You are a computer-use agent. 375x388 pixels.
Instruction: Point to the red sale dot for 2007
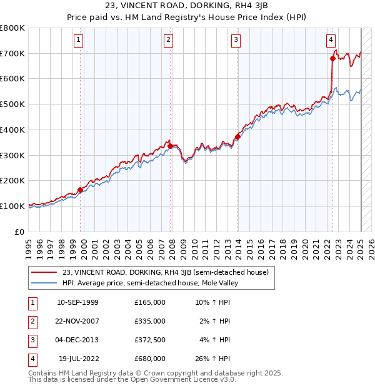(x=171, y=146)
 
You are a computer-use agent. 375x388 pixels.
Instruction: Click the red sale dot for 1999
(x=81, y=190)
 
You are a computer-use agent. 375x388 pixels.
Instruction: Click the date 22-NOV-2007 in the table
(x=77, y=321)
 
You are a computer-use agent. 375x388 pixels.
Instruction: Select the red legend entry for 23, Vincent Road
(x=165, y=272)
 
